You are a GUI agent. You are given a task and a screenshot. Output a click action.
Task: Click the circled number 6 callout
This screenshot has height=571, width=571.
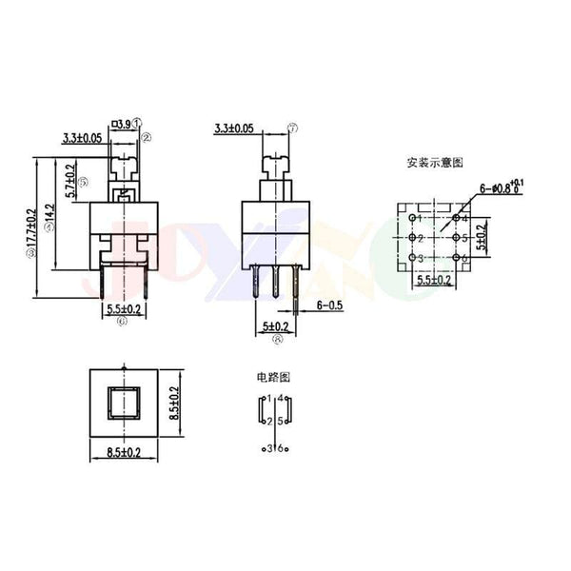click(x=122, y=322)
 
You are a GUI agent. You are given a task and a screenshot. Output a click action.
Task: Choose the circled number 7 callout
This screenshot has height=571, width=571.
click(x=292, y=127)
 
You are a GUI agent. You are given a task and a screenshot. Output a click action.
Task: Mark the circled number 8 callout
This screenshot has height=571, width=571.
click(x=276, y=337)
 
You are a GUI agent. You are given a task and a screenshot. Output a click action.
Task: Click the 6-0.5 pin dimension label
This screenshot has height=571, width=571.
click(x=328, y=306)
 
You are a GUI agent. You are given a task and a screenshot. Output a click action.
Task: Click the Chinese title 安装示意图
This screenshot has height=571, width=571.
click(x=434, y=163)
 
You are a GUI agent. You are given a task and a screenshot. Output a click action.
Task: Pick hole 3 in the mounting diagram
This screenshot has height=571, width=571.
click(x=413, y=258)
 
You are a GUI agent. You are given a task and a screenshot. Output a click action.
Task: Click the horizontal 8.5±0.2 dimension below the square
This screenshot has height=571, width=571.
click(x=123, y=455)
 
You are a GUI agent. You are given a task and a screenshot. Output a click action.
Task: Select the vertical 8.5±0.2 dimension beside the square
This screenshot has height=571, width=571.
click(x=174, y=404)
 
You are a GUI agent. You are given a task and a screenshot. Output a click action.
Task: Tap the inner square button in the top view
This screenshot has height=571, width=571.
click(x=122, y=404)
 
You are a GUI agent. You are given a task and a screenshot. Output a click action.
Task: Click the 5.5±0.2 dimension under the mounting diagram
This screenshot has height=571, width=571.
click(x=435, y=281)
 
